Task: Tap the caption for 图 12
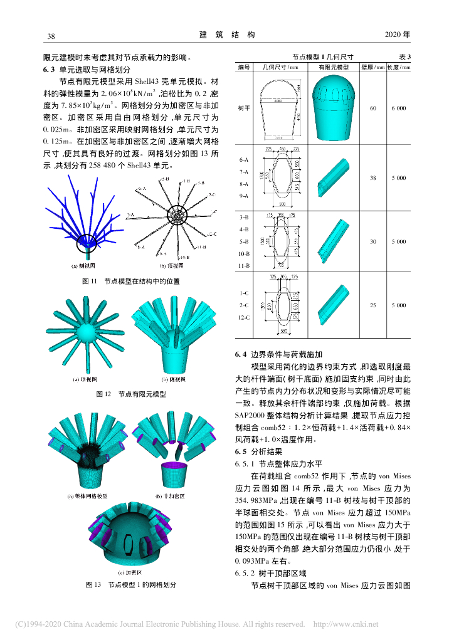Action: [130, 394]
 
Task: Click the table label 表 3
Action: [404, 56]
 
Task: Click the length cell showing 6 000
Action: [398, 108]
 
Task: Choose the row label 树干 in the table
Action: [245, 108]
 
